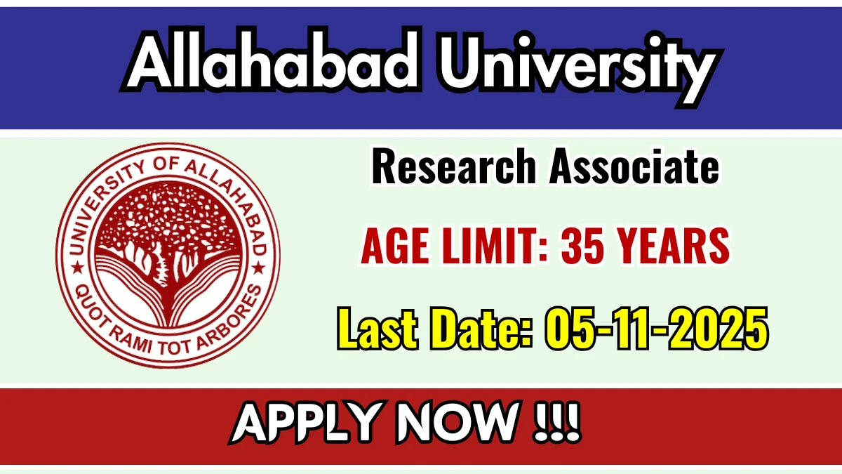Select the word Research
point(453,169)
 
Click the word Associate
point(634,169)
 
